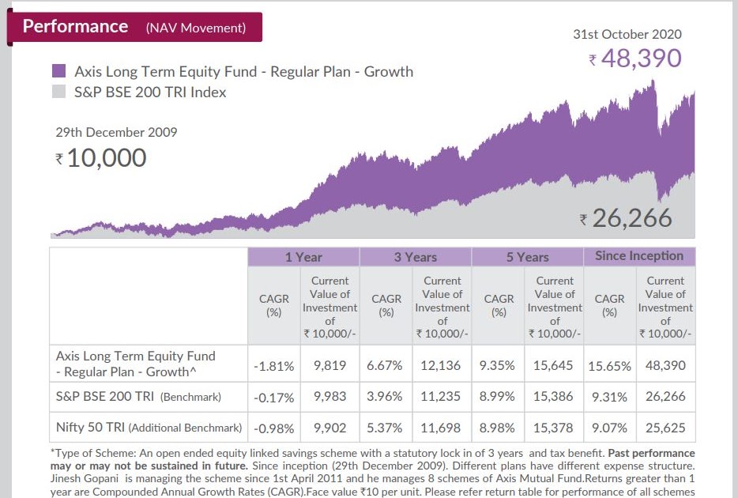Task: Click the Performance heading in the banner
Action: pyautogui.click(x=75, y=26)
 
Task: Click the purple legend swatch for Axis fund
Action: pyautogui.click(x=58, y=71)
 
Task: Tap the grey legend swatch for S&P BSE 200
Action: pyautogui.click(x=58, y=92)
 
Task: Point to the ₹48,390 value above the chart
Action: pyautogui.click(x=634, y=58)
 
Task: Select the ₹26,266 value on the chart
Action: pyautogui.click(x=625, y=218)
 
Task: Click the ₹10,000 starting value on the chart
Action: pyautogui.click(x=100, y=158)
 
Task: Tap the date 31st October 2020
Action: pyautogui.click(x=627, y=34)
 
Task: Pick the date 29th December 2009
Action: pyautogui.click(x=116, y=132)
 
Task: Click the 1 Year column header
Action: pyautogui.click(x=303, y=257)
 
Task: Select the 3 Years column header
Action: pyautogui.click(x=416, y=257)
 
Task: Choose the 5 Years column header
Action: pyautogui.click(x=527, y=257)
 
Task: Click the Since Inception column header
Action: pyautogui.click(x=639, y=256)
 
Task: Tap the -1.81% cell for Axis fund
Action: pyautogui.click(x=274, y=366)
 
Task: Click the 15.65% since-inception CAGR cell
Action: pyautogui.click(x=609, y=366)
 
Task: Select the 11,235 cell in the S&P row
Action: pyautogui.click(x=441, y=397)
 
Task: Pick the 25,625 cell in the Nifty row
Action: pyautogui.click(x=665, y=428)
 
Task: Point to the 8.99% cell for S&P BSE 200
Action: pyautogui.click(x=498, y=397)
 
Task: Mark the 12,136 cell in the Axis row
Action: pyautogui.click(x=441, y=365)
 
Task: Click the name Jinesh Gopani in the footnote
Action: pyautogui.click(x=86, y=478)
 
